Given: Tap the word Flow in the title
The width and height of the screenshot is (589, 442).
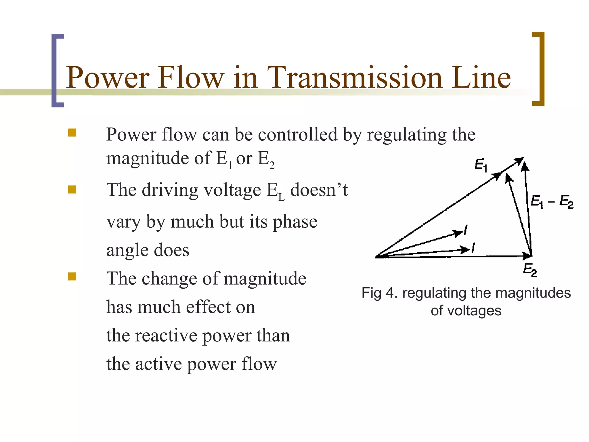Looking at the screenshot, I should point(191,77).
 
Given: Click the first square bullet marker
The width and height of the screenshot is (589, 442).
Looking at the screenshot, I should point(72,133).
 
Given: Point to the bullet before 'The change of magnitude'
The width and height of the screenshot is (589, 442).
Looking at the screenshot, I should point(72,277).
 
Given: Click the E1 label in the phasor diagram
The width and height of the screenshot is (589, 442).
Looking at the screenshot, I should point(481,165).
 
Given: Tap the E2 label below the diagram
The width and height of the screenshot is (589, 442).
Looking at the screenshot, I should point(530,270).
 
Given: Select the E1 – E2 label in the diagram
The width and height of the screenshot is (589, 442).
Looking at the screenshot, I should point(551,201).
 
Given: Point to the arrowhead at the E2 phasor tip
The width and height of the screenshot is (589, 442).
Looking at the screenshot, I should point(528,255).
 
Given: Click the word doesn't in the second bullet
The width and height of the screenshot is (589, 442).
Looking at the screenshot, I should point(319,190).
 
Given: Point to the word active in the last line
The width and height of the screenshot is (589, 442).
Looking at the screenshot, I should point(158,364).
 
